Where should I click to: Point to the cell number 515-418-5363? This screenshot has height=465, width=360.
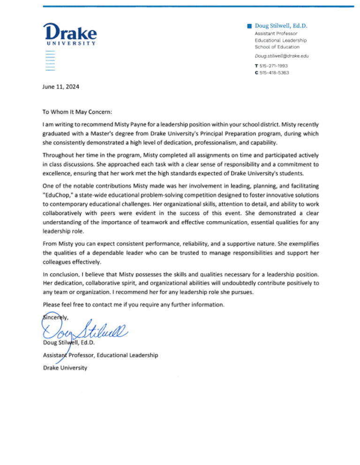click(x=274, y=73)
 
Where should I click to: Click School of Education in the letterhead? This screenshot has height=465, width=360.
click(x=277, y=47)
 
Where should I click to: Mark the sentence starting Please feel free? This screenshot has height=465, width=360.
click(x=134, y=305)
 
